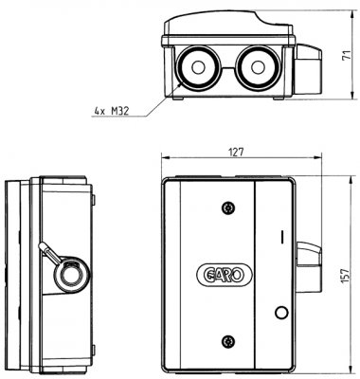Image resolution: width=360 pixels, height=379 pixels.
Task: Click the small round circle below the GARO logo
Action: click(x=280, y=313)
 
